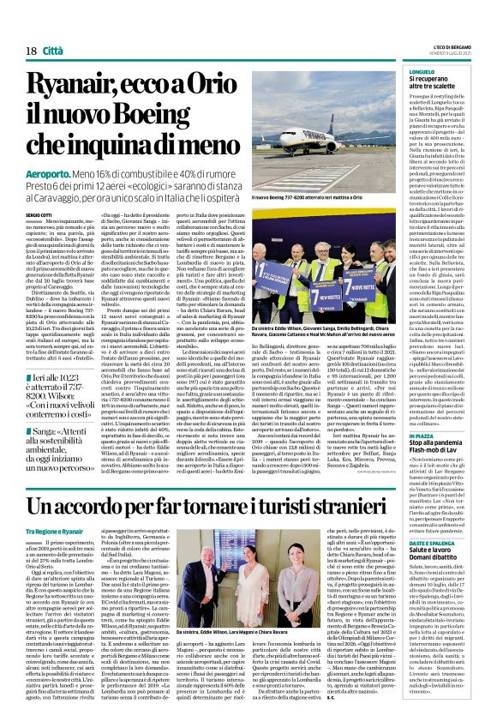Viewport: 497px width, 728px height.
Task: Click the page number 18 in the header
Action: (x=31, y=51)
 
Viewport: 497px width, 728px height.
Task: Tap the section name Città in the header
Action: (x=53, y=51)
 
